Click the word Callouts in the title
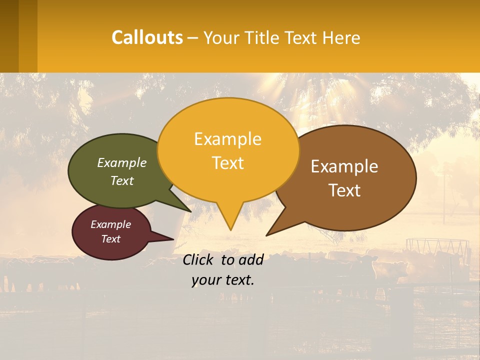pyautogui.click(x=147, y=37)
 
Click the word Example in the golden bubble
pyautogui.click(x=227, y=139)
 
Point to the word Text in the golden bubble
pyautogui.click(x=227, y=163)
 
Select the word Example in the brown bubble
pyautogui.click(x=344, y=166)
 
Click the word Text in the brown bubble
pyautogui.click(x=344, y=190)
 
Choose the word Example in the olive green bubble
pyautogui.click(x=122, y=163)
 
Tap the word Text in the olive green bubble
pyautogui.click(x=122, y=181)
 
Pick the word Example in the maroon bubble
pyautogui.click(x=110, y=224)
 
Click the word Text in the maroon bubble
pyautogui.click(x=110, y=239)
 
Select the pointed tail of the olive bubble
pyautogui.click(x=187, y=209)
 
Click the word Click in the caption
pyautogui.click(x=199, y=259)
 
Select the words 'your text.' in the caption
pyautogui.click(x=223, y=280)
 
